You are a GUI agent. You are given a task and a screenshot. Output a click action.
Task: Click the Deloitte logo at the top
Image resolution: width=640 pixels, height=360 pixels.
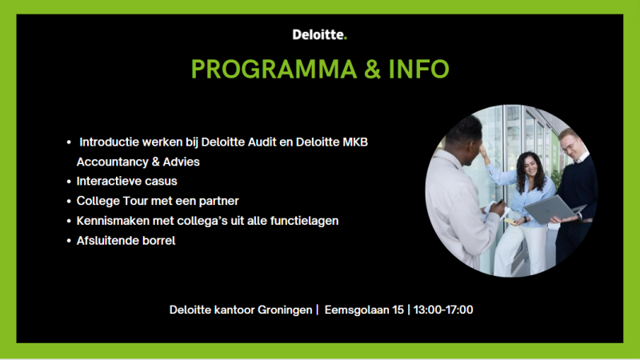(319, 34)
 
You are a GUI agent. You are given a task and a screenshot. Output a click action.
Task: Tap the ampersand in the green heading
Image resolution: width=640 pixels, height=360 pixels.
(373, 69)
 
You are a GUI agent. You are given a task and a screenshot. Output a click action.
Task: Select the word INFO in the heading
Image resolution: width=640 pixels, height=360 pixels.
(418, 69)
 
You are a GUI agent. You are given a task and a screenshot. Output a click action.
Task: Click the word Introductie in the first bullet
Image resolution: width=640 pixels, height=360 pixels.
(109, 142)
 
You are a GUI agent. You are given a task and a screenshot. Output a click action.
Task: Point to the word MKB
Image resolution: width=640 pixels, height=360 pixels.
(355, 142)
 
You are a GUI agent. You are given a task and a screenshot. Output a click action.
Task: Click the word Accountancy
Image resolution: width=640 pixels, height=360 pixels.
(112, 162)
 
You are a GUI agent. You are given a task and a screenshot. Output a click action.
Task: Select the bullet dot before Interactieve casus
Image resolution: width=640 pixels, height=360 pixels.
(69, 182)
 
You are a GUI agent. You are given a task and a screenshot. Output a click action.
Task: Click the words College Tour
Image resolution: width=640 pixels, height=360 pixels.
(112, 202)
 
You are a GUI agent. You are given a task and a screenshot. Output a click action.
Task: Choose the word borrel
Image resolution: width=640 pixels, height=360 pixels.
(158, 241)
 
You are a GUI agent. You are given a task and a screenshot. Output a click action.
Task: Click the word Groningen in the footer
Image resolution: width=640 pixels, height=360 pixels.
(285, 310)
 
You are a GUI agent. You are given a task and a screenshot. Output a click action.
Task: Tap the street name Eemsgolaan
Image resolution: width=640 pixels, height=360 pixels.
(357, 310)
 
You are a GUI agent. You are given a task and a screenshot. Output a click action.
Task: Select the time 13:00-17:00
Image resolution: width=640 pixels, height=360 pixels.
(443, 310)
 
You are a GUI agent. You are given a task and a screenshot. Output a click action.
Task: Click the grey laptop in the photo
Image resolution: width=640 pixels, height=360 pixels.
(551, 210)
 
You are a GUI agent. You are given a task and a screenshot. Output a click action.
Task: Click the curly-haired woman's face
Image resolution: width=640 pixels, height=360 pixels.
(530, 167)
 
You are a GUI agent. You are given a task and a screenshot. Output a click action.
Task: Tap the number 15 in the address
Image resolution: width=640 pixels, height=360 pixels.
(398, 310)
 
